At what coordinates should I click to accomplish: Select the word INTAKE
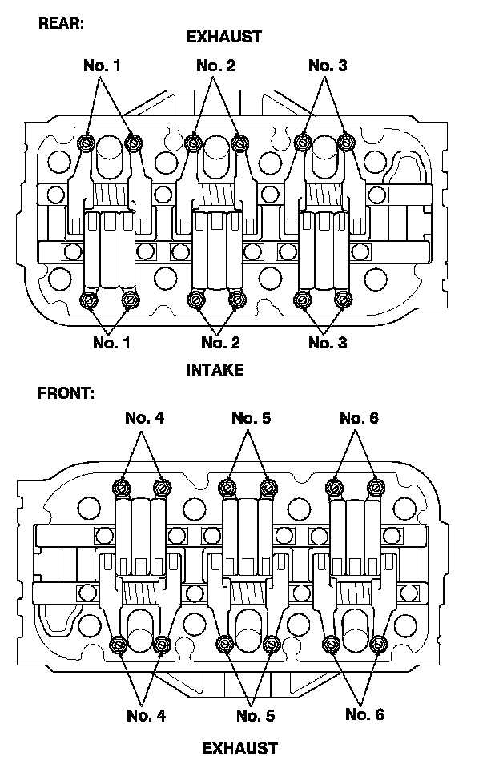tap(215, 370)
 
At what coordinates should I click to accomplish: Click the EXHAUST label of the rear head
tap(224, 36)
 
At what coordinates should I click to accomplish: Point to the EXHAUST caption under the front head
tap(239, 748)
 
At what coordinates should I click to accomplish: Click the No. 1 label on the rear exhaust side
tap(102, 66)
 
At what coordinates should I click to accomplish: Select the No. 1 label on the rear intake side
tap(112, 343)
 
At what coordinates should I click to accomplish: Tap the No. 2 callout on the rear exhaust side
tap(215, 66)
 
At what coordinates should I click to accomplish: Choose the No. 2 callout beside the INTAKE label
tap(220, 343)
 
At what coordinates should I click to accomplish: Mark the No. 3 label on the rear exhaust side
tap(328, 66)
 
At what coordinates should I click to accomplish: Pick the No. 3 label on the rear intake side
tap(328, 343)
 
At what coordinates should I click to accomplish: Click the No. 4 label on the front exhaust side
tap(147, 715)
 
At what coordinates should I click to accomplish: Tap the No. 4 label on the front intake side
tap(145, 418)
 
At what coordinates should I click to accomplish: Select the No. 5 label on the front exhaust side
tap(256, 715)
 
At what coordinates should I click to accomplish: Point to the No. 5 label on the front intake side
tap(252, 418)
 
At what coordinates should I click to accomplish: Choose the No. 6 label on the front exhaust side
tap(364, 714)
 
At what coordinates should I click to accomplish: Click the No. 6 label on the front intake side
tap(359, 418)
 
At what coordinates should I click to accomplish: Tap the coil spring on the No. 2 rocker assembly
tap(216, 194)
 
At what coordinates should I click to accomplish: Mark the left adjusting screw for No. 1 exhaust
tap(87, 143)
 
